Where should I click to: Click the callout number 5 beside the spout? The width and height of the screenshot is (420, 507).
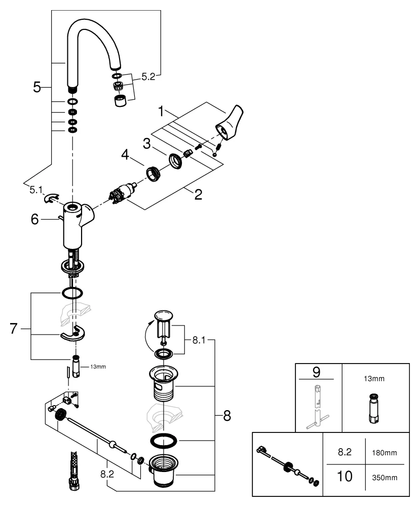coord(37,87)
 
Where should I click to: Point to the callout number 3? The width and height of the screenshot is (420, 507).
coord(147,143)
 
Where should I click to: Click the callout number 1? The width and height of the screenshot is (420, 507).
coord(162,110)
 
